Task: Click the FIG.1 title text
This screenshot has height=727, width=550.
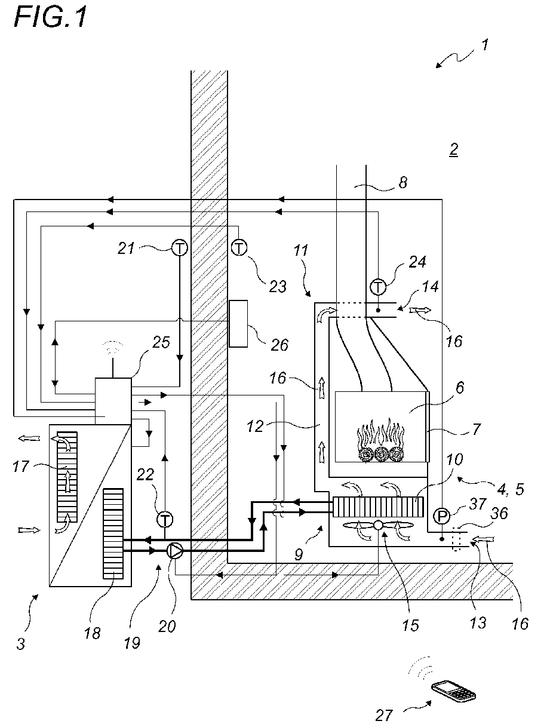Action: coord(50,18)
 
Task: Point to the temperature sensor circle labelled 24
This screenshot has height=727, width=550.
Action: coord(378,287)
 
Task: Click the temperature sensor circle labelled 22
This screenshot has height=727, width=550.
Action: coord(165,519)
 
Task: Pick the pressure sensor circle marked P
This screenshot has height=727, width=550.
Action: coord(442,516)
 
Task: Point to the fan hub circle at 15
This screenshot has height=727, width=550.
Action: coord(378,525)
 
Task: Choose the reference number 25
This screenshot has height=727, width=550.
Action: coord(161,343)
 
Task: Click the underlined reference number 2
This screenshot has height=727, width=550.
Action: coord(453,150)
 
